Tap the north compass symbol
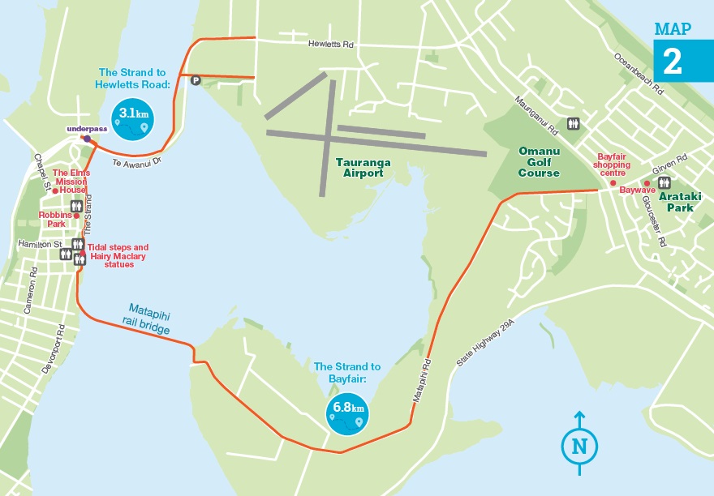pos(579,445)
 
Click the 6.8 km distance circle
pos(346,414)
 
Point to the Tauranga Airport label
pos(362,167)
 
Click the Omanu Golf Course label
pos(540,161)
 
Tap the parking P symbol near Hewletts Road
pos(195,79)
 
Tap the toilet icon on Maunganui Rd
pos(574,123)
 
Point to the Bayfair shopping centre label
pos(613,165)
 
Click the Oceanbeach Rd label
pos(639,71)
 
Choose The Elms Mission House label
pos(71,181)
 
